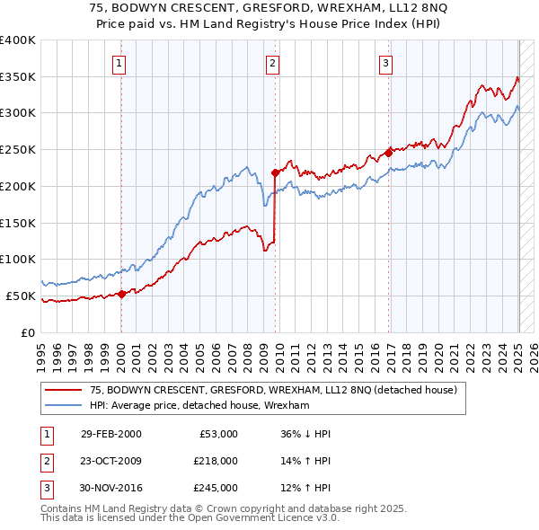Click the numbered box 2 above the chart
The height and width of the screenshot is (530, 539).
pos(272,63)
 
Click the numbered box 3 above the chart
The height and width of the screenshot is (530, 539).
pos(384,63)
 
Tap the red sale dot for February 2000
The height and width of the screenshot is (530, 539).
pos(122,294)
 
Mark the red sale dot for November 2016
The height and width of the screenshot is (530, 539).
pos(388,153)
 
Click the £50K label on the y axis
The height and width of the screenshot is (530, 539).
pos(21,296)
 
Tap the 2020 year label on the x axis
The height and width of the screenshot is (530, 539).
pos(439,354)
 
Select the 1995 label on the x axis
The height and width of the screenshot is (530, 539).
pos(40,354)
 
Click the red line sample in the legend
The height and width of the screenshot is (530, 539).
pos(62,390)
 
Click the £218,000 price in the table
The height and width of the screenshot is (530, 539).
pos(216,461)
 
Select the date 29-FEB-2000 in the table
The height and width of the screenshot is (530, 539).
pos(110,434)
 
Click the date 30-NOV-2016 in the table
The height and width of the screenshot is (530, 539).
pos(110,488)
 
